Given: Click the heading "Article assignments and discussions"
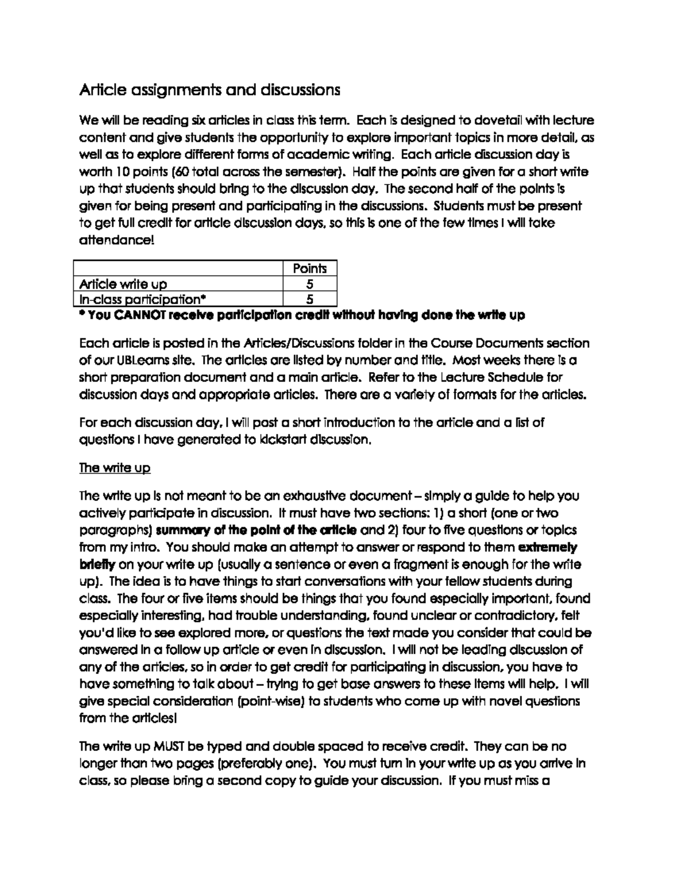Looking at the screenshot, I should click(x=210, y=90).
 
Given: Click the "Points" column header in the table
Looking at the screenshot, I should click(x=309, y=268).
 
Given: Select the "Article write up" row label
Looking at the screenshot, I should click(x=123, y=284).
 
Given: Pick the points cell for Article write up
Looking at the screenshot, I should click(x=309, y=284).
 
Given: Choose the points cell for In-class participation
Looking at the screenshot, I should click(x=309, y=299).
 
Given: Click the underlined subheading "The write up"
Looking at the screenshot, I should click(x=115, y=468).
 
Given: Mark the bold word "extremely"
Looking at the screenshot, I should click(x=547, y=547).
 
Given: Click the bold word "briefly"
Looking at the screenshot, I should click(x=97, y=564).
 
